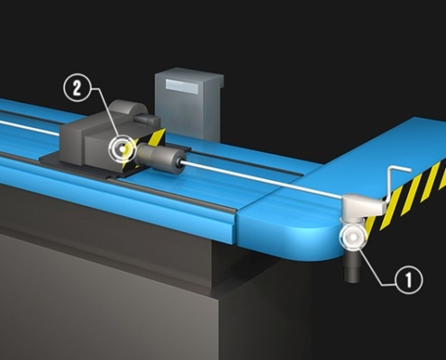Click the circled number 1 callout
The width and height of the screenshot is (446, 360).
408,280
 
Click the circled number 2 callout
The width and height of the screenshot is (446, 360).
77,88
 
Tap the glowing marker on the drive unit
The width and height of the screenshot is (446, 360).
122,148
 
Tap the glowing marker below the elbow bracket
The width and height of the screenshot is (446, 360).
352,237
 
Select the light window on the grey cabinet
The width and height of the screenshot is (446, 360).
182,85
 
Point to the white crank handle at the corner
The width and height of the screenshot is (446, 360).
396,183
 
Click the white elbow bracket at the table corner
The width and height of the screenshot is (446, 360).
361,207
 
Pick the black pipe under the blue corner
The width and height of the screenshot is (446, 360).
352,266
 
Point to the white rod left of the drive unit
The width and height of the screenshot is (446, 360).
30,128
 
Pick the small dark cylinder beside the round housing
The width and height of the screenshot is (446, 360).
147,119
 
